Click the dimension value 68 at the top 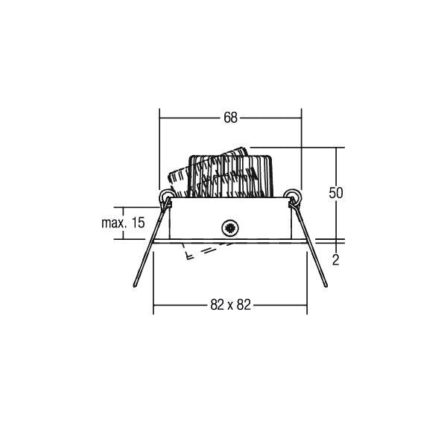230,118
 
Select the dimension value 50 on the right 336,193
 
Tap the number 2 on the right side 336,260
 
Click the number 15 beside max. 139,223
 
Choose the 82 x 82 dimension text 230,305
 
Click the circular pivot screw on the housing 230,228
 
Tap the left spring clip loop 165,196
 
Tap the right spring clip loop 293,196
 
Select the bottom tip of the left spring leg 135,286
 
